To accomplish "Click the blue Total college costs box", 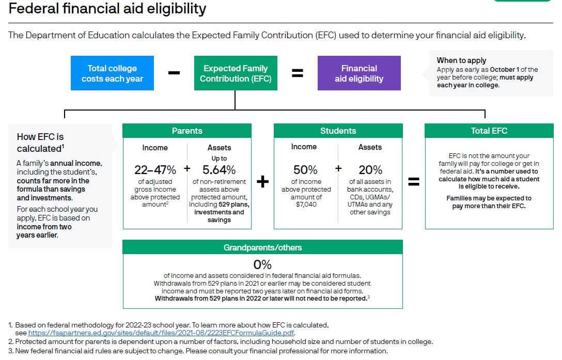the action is point(112,73).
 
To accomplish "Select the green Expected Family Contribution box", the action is point(236,73).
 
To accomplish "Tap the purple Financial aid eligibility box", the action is point(359,73).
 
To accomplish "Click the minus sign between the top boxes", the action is point(174,73).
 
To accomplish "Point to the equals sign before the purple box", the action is point(298,73).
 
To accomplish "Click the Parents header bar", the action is point(187,131).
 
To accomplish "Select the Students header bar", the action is point(338,131).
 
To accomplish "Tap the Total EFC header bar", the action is point(489,131).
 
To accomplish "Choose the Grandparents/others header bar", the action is point(263,247).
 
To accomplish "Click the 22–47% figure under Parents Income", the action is point(155,169).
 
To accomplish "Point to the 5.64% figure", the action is point(219,169).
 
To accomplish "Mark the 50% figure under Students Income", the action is point(305,169).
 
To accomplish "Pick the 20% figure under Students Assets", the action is point(370,169).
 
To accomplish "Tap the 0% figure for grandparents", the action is point(262,264).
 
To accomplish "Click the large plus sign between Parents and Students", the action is point(263,181).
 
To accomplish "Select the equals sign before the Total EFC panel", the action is point(414,181).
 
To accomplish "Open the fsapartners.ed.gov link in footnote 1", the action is point(161,333).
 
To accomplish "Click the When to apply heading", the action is point(461,60).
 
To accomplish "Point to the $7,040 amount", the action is point(306,205).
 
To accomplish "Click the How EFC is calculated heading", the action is point(40,143).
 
